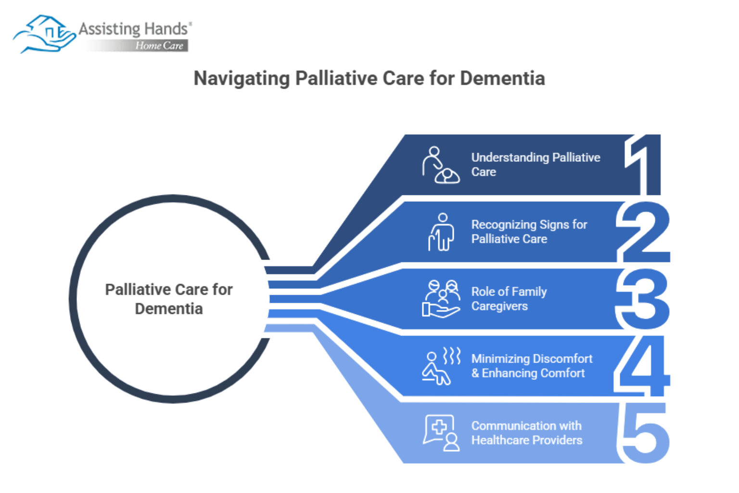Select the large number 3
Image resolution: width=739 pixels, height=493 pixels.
pyautogui.click(x=644, y=299)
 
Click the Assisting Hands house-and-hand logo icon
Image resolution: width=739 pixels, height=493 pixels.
pyautogui.click(x=45, y=34)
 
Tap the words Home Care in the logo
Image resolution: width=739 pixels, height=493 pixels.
pyautogui.click(x=159, y=46)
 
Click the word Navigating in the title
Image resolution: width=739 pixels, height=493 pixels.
pyautogui.click(x=242, y=78)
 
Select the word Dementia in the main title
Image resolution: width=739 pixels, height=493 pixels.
pyautogui.click(x=502, y=78)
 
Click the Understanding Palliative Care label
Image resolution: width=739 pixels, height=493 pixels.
pyautogui.click(x=535, y=165)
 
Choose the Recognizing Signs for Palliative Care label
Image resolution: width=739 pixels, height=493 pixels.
pyautogui.click(x=529, y=232)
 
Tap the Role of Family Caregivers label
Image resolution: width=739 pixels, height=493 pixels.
pyautogui.click(x=509, y=299)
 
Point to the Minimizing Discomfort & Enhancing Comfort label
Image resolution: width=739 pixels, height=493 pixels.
pyautogui.click(x=531, y=366)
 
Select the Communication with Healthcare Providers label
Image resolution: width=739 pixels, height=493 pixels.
pyautogui.click(x=526, y=433)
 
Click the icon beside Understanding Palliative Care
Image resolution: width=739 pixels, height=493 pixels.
pyautogui.click(x=440, y=165)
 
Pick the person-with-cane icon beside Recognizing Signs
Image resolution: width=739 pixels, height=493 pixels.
pyautogui.click(x=441, y=232)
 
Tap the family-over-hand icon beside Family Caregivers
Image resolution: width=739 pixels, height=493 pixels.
pyautogui.click(x=441, y=299)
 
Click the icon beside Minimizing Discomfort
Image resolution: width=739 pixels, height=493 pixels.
pyautogui.click(x=441, y=366)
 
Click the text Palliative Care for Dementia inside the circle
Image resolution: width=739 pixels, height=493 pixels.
pyautogui.click(x=169, y=299)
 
